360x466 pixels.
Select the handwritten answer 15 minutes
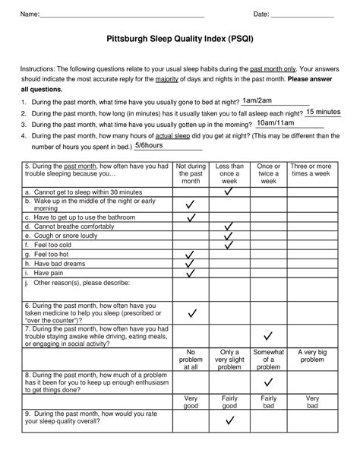tap(323, 112)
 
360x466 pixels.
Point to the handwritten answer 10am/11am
tap(274, 122)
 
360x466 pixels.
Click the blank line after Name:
tap(122, 16)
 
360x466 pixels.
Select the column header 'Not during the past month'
tap(191, 173)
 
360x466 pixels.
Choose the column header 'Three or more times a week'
tap(311, 170)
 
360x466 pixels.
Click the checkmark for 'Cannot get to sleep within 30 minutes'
tap(229, 192)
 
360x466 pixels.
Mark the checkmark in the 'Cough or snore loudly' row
tap(229, 236)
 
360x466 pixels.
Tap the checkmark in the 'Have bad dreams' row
tap(191, 263)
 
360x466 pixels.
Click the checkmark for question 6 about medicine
tap(192, 313)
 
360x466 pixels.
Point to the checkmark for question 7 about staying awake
tap(267, 336)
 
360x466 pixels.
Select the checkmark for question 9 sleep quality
tap(229, 420)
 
